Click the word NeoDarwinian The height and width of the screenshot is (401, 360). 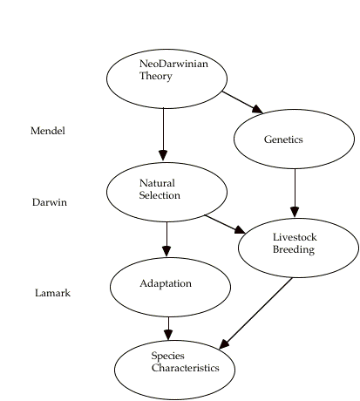click(173, 64)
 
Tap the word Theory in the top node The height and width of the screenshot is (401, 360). click(156, 76)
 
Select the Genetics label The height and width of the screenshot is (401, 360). click(283, 139)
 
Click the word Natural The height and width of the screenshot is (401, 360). click(157, 183)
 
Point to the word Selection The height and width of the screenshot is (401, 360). click(160, 195)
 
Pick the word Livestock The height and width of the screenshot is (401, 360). click(295, 237)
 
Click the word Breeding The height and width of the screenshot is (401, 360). click(294, 249)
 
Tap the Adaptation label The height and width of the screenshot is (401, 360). click(166, 283)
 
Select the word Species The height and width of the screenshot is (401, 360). click(167, 356)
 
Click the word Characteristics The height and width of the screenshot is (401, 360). click(185, 368)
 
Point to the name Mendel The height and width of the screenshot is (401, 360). click(48, 131)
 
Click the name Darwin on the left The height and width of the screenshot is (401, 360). click(50, 202)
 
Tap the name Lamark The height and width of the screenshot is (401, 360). click(52, 293)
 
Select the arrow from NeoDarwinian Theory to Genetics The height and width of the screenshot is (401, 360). click(242, 102)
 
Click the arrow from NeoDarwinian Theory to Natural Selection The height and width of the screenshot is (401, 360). click(163, 134)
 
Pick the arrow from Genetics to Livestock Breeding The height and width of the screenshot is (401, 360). click(295, 193)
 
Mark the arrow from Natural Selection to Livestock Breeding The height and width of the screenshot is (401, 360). click(226, 224)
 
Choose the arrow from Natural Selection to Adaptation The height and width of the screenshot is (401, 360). click(166, 240)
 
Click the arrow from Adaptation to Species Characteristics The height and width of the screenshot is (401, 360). click(168, 329)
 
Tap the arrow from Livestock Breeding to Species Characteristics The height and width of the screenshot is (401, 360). click(255, 313)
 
